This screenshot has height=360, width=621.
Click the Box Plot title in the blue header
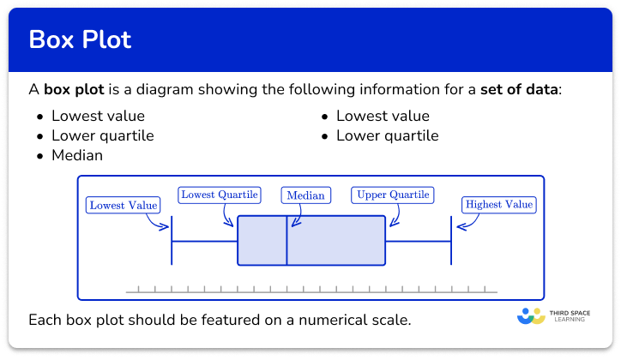[x=81, y=40]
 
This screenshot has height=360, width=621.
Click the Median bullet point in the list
[x=77, y=155]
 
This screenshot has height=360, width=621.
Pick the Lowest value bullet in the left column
[x=98, y=116]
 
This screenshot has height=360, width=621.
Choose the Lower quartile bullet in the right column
[x=387, y=135]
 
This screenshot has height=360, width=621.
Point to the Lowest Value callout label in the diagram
[x=124, y=205]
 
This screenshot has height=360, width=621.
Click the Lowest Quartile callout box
[x=220, y=195]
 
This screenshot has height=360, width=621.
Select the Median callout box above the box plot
[x=305, y=195]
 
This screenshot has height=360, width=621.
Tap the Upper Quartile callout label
[x=392, y=195]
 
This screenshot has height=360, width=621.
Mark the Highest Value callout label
[x=498, y=205]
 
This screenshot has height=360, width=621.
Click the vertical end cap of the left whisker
[x=172, y=241]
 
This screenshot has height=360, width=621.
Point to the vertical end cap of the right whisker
[x=451, y=241]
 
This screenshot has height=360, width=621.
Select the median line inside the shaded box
[x=286, y=241]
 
